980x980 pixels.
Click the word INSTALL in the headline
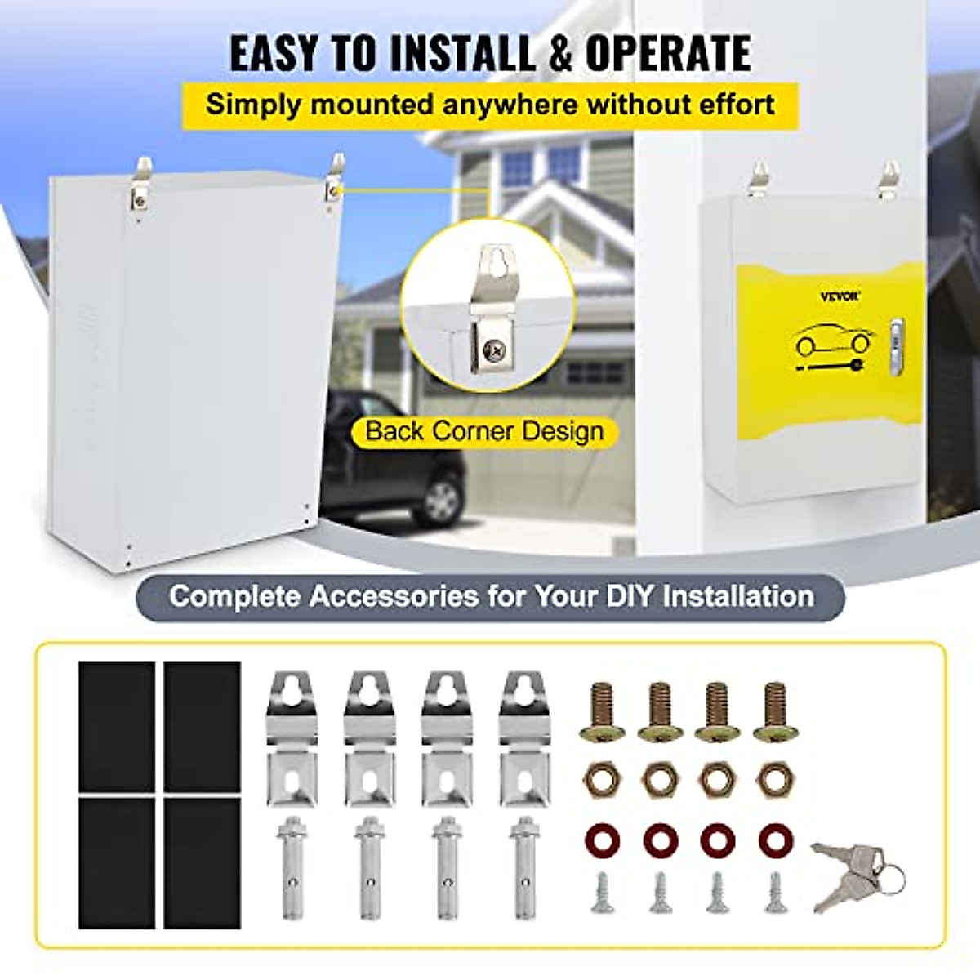tap(461, 54)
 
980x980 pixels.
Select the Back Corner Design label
tap(484, 431)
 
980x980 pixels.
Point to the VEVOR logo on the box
tap(840, 296)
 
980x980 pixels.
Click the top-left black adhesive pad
tap(117, 726)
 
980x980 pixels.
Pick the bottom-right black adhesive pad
tap(202, 862)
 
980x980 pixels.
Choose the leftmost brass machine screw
tap(603, 711)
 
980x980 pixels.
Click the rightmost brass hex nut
tap(774, 779)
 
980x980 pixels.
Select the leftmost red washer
tap(603, 840)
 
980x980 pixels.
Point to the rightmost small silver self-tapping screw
tap(775, 893)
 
